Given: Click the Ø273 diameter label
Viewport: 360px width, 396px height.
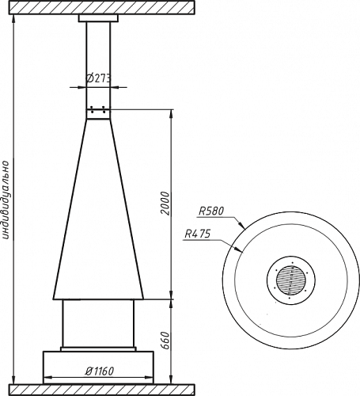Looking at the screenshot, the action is tap(99, 78).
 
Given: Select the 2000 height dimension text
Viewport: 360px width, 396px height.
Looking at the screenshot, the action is tap(165, 204).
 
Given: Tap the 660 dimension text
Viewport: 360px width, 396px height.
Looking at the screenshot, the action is tap(165, 341).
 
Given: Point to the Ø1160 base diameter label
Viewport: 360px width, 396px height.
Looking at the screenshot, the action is tap(100, 371).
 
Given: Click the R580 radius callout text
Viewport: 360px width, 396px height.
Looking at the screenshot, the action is tap(211, 211).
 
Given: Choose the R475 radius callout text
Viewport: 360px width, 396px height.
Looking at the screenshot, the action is tap(198, 234).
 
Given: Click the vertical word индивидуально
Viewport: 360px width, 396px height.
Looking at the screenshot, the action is tap(6, 200).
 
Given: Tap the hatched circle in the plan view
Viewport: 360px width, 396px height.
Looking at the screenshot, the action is tap(291, 280).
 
